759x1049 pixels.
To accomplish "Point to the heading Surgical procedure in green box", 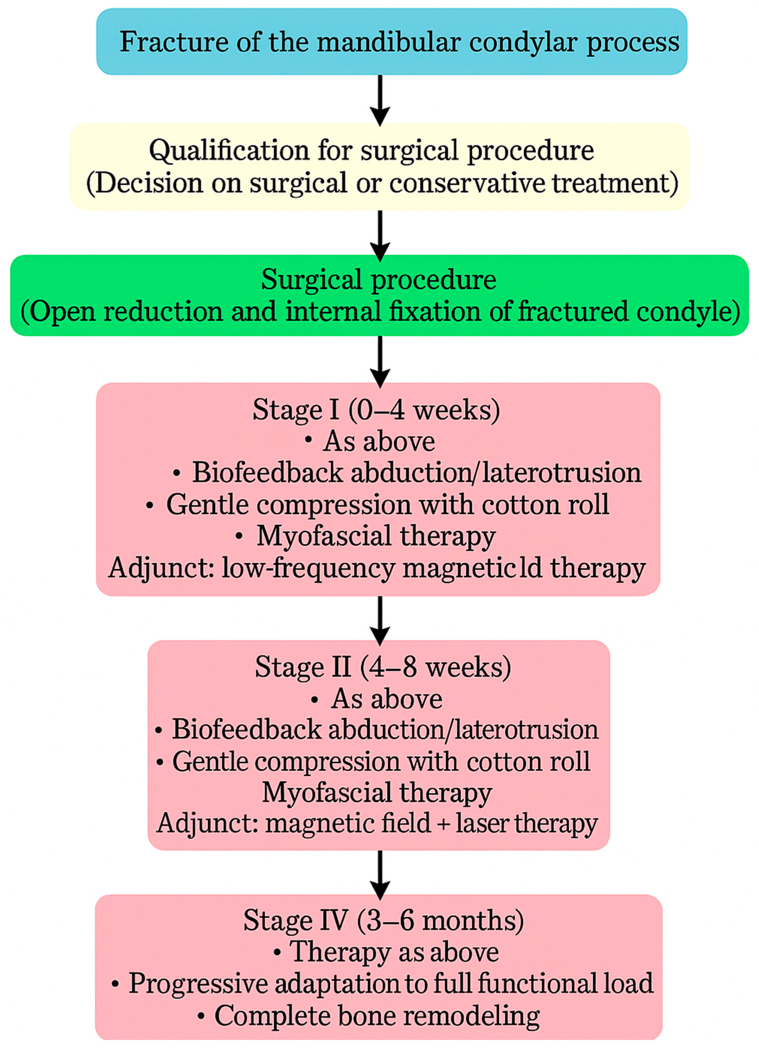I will pos(379,279).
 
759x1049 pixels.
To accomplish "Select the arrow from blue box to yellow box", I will pos(380,99).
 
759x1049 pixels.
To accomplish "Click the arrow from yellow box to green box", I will pos(380,235).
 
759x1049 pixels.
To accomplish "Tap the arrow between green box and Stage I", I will pos(380,361).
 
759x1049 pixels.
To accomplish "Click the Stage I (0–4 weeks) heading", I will pos(376,410).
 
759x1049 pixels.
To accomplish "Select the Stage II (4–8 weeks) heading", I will pos(383,668).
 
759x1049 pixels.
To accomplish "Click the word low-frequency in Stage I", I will pos(307,568).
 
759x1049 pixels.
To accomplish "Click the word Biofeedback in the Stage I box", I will pos(267,473).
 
